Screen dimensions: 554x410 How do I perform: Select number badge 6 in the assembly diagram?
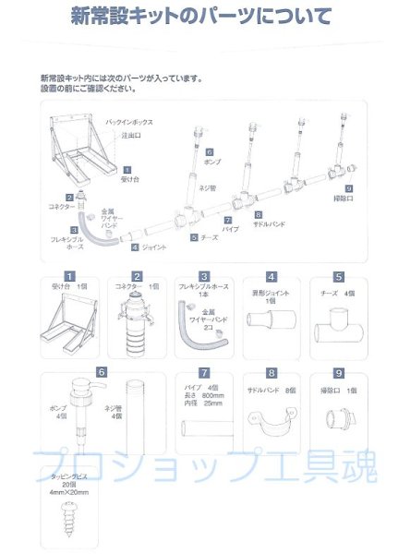click(x=209, y=151)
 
